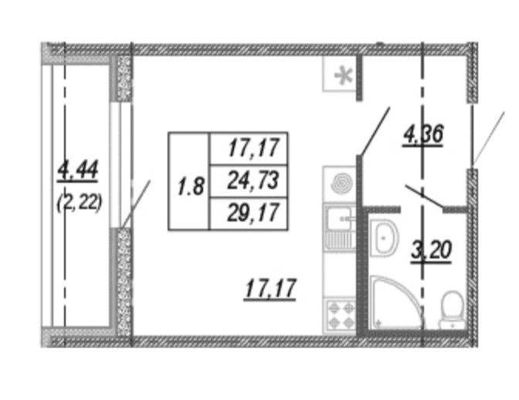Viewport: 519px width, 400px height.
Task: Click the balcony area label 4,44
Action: [78, 171]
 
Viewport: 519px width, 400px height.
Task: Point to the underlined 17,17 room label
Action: [270, 289]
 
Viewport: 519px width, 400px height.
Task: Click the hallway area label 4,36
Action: [423, 135]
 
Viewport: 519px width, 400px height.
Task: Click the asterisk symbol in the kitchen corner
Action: [343, 76]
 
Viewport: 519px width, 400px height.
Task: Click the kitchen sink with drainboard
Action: [340, 227]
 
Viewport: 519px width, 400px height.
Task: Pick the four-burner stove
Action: [341, 314]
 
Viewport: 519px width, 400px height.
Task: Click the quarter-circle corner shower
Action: [395, 303]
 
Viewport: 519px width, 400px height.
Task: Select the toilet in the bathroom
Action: [453, 310]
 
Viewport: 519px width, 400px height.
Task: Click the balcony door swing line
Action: [136, 204]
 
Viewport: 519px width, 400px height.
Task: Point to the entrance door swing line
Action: [489, 138]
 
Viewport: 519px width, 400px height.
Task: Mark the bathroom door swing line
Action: [424, 197]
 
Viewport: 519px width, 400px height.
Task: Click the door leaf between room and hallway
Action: [375, 131]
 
